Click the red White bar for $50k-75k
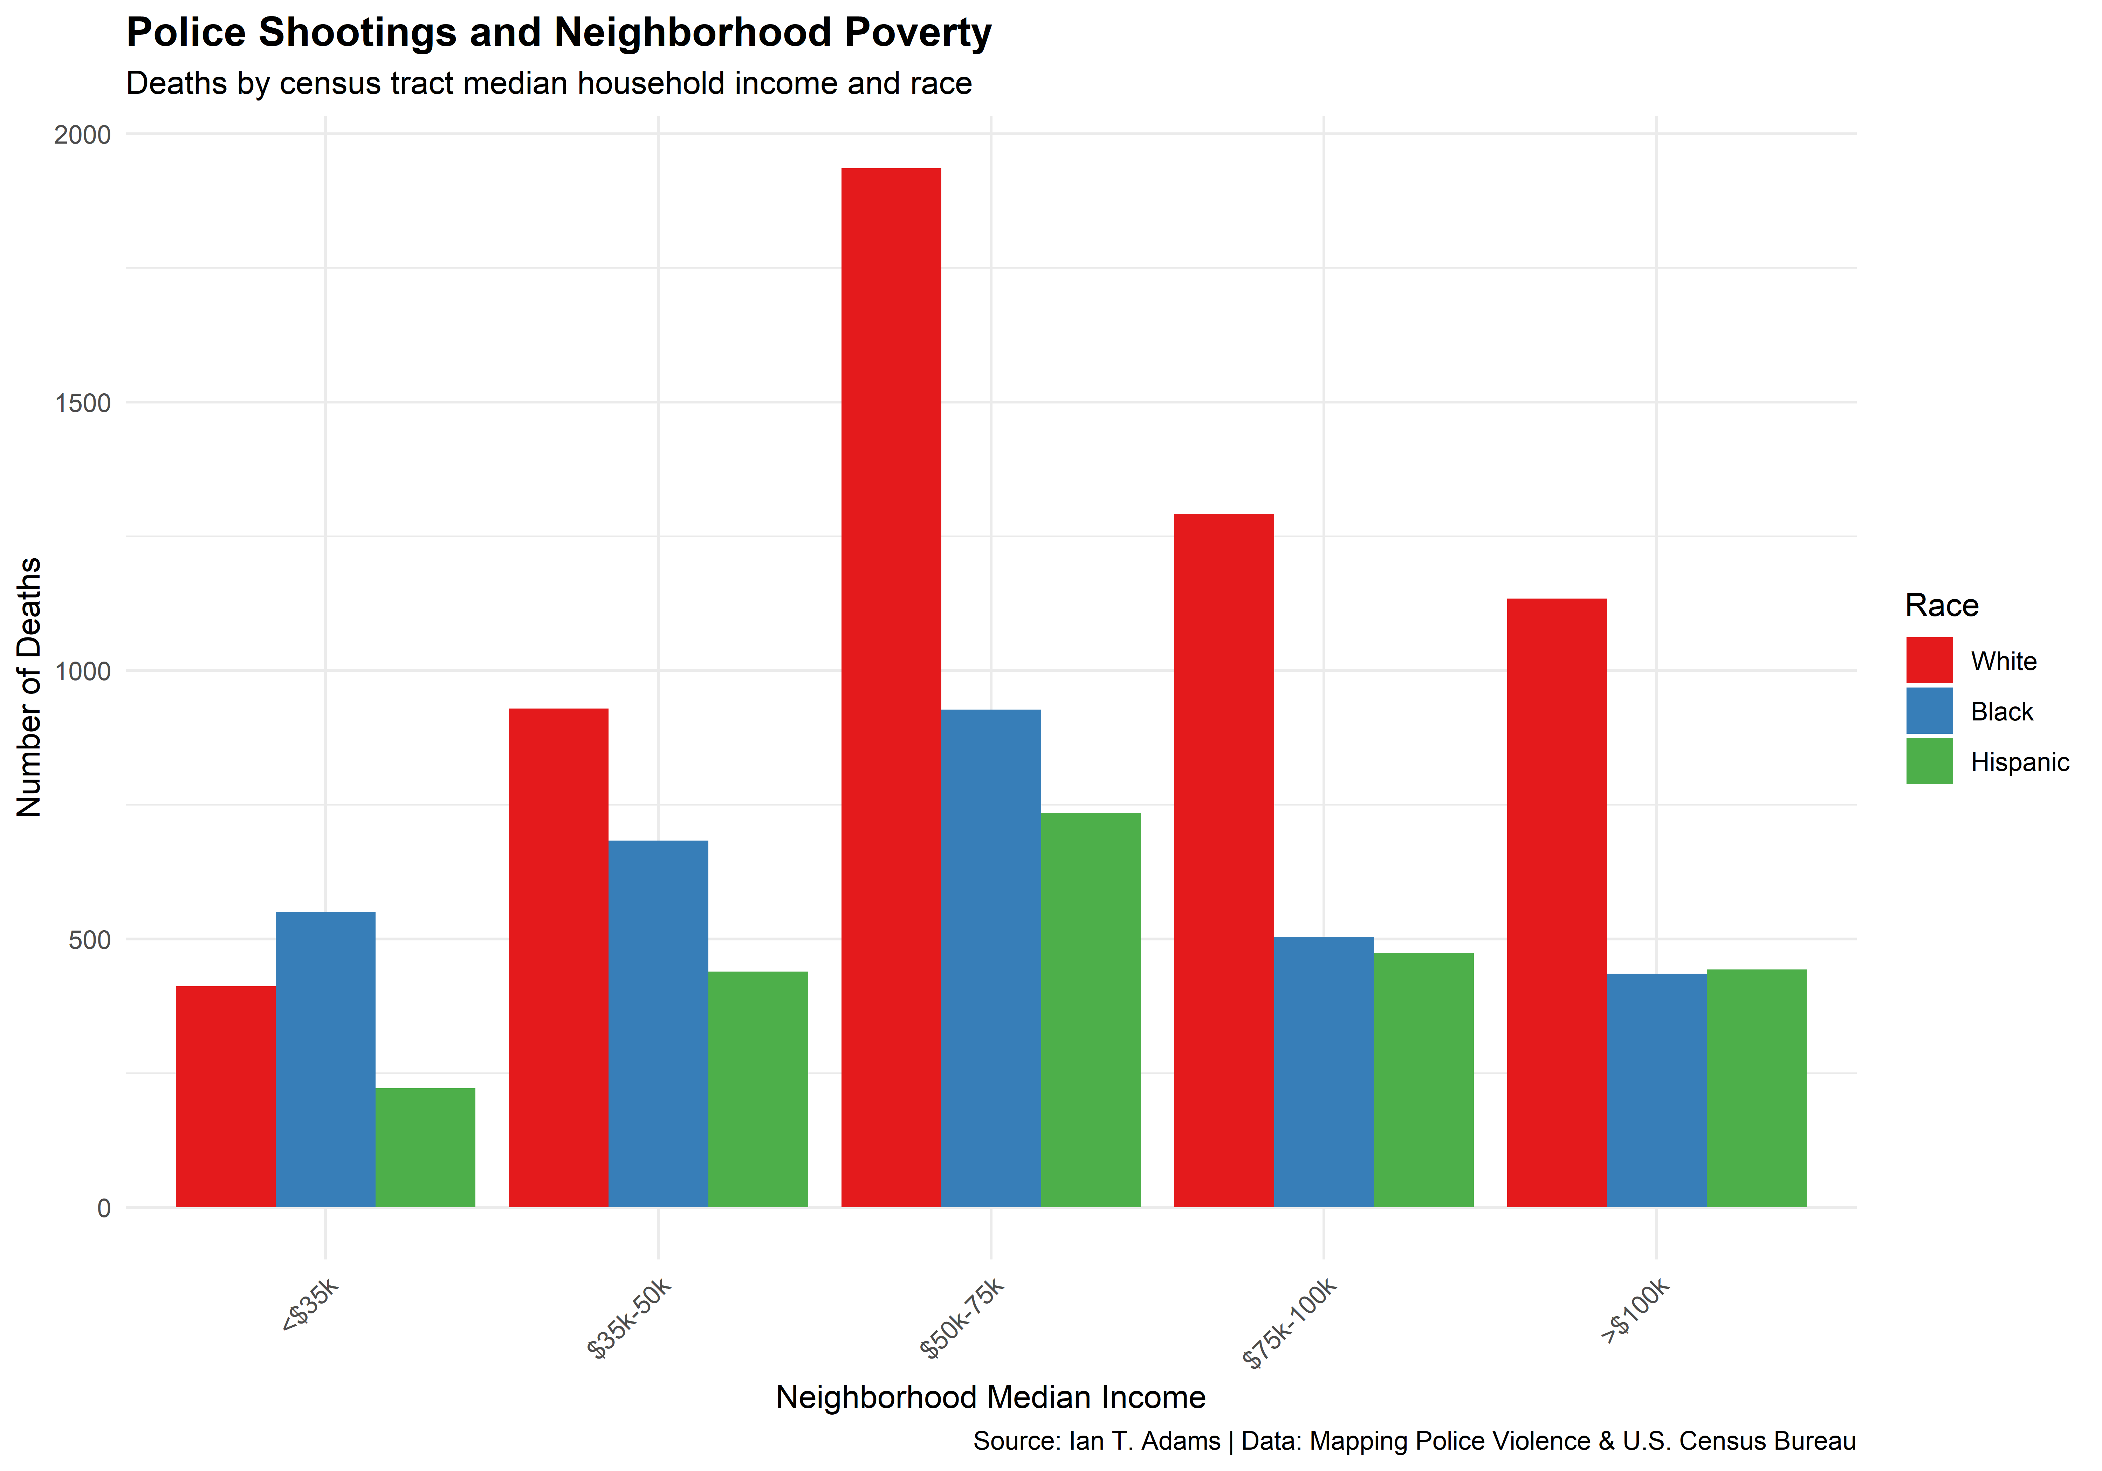[x=891, y=686]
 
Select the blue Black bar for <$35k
[x=325, y=1059]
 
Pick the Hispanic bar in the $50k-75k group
[x=1090, y=1010]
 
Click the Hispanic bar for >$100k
[x=1756, y=1087]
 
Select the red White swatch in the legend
[x=1929, y=660]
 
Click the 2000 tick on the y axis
[x=82, y=134]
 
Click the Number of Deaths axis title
[x=29, y=686]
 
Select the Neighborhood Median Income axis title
[x=991, y=1397]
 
